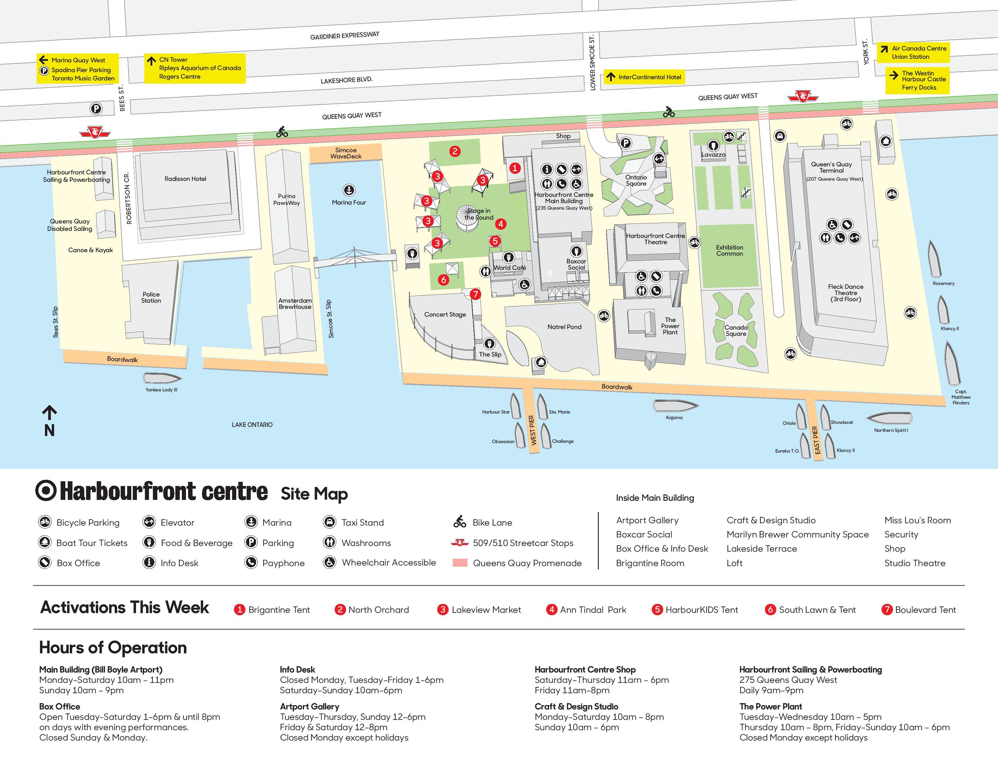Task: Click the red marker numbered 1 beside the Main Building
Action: [515, 168]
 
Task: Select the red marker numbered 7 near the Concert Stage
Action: [475, 294]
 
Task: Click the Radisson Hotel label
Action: [185, 179]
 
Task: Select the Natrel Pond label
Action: [564, 327]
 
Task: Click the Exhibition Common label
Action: [729, 250]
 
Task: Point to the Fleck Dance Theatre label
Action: [845, 293]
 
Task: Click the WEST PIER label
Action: [532, 430]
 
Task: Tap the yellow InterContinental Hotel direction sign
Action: [645, 77]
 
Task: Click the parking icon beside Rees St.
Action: [96, 109]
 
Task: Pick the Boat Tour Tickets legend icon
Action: [44, 542]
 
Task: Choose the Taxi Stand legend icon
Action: [329, 522]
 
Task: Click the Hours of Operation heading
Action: [113, 648]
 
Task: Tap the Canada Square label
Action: [736, 330]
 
